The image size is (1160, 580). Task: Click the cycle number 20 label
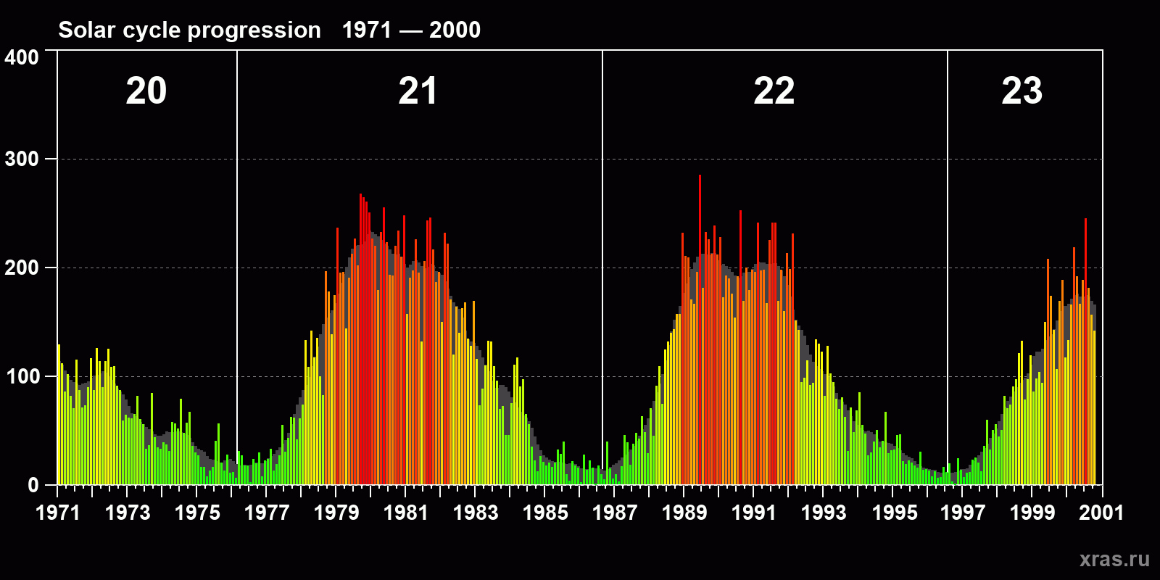coord(146,91)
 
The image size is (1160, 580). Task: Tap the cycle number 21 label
coord(418,91)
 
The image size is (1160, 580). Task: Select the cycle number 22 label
coord(774,91)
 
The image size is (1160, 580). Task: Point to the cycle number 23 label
coord(1022,91)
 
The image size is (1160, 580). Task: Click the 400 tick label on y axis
coord(22,58)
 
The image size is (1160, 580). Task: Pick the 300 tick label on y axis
coord(22,159)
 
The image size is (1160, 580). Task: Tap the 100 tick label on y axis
coord(22,377)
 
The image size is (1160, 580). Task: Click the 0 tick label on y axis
coord(33,485)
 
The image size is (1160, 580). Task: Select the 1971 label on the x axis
coord(58,513)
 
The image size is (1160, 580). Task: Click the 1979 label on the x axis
coord(336,513)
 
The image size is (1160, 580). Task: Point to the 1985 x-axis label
coord(545,513)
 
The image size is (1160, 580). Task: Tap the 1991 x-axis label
coord(754,513)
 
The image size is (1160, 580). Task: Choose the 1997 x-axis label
coord(963,513)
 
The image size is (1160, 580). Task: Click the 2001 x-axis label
coord(1101,513)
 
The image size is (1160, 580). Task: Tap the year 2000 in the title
coord(455,30)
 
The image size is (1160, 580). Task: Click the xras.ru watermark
coord(1114,559)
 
